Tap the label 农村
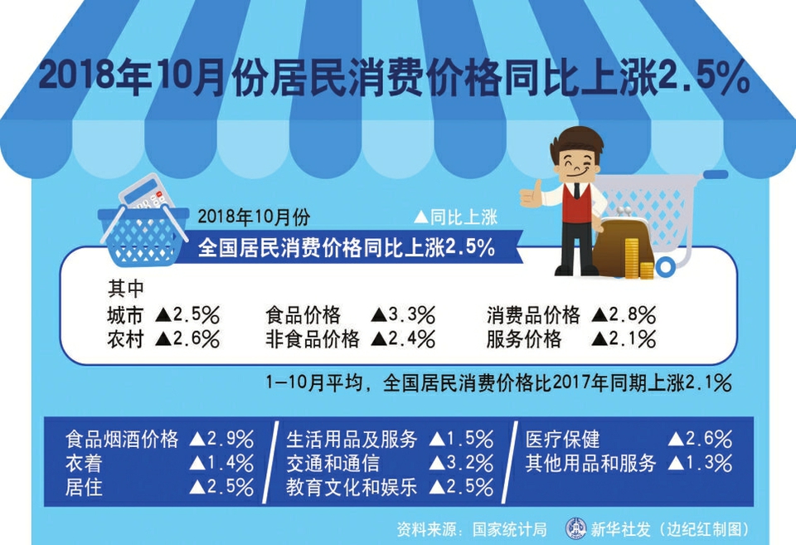click(125, 338)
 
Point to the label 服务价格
click(524, 338)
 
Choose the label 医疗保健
click(562, 439)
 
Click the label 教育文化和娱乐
click(352, 487)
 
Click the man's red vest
click(576, 202)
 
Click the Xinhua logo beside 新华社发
click(575, 528)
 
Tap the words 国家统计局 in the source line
click(510, 529)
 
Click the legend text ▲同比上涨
click(455, 217)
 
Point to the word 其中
click(125, 289)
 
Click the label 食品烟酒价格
click(122, 439)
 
